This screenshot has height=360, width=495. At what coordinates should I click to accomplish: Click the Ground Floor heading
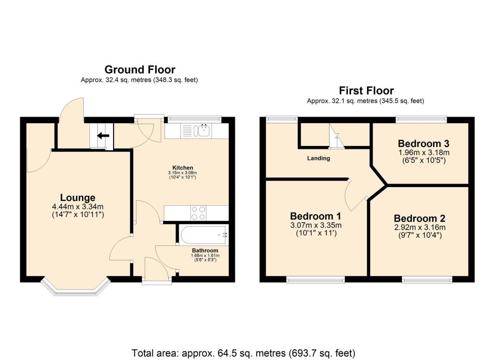(x=140, y=70)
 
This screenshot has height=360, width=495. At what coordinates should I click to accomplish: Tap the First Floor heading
(x=366, y=90)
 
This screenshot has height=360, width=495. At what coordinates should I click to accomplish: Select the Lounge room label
(x=77, y=197)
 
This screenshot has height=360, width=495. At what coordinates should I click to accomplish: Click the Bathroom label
(x=205, y=250)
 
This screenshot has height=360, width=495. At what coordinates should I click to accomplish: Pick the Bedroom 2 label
(x=419, y=218)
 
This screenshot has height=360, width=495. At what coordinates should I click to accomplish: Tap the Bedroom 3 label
(x=423, y=144)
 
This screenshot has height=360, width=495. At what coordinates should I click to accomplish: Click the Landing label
(x=319, y=158)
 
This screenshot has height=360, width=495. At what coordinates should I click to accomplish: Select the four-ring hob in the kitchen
(x=199, y=213)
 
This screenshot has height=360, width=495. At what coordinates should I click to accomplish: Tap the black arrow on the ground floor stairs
(x=102, y=136)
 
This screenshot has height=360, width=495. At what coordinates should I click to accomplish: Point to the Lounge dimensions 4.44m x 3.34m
(x=77, y=206)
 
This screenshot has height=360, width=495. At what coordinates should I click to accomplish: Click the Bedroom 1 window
(x=315, y=279)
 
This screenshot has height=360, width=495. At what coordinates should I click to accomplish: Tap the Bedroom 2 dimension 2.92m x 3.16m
(x=419, y=228)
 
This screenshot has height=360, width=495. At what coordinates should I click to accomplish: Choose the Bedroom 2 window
(x=427, y=279)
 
